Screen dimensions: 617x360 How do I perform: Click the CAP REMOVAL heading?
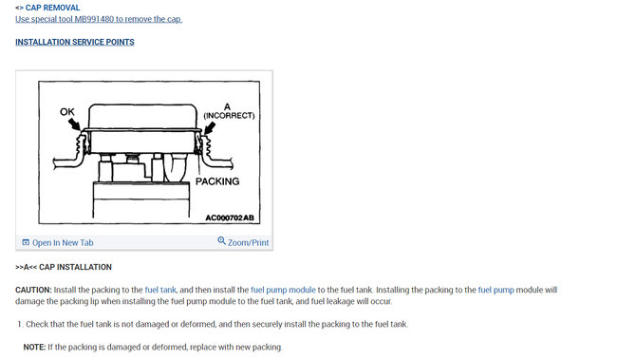(52, 8)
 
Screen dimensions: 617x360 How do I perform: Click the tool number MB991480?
(94, 19)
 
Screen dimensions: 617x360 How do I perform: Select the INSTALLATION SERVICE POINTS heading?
(75, 42)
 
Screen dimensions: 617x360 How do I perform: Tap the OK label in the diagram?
(66, 112)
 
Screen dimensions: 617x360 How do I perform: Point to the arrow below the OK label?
(74, 124)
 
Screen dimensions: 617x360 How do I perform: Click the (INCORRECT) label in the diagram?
(229, 115)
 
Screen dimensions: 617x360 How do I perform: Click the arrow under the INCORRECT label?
(210, 127)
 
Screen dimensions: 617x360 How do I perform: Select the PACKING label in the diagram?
(217, 181)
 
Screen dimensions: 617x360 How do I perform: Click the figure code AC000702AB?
(230, 218)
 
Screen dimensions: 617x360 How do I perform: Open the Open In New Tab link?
(63, 242)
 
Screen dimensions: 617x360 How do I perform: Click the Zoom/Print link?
(248, 242)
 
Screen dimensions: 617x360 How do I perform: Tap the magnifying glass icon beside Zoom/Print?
(221, 240)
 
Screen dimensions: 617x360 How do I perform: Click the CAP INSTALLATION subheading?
(75, 267)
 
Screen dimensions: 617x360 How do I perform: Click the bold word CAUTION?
(33, 290)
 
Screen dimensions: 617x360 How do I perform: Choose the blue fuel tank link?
(160, 290)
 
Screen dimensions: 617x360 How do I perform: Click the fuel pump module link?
(283, 290)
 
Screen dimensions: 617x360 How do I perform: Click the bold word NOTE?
(34, 347)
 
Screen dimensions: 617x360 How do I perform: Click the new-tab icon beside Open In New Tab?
(26, 242)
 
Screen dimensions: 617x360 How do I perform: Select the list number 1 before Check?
(20, 324)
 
